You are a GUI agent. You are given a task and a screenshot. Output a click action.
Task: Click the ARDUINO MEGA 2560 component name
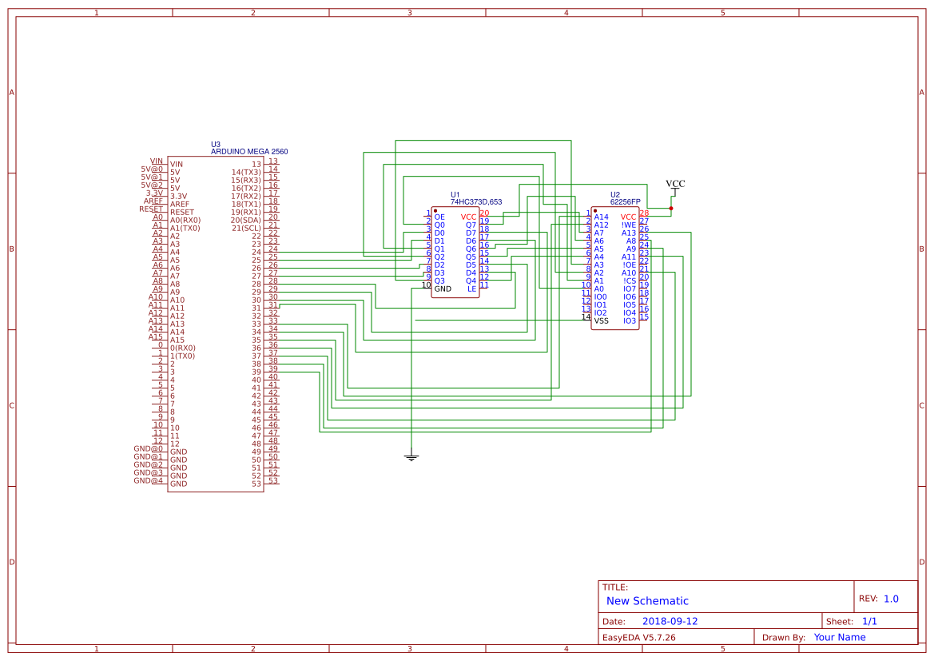[249, 151]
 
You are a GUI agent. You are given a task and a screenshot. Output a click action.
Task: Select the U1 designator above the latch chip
[455, 194]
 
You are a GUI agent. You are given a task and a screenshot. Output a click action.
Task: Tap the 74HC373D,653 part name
[476, 202]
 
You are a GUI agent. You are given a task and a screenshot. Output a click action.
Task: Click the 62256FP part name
[625, 202]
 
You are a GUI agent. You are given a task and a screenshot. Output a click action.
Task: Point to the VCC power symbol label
[675, 184]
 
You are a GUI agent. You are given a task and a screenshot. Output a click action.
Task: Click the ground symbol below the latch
[411, 458]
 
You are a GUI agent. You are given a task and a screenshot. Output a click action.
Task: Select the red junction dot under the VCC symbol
[671, 209]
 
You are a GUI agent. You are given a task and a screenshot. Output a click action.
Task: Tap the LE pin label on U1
[471, 289]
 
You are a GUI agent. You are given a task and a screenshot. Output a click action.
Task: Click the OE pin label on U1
[439, 217]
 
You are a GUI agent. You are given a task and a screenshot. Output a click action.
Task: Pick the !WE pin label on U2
[629, 225]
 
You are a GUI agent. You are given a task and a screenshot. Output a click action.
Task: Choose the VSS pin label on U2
[601, 321]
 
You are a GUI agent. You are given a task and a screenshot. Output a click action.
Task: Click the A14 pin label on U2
[601, 217]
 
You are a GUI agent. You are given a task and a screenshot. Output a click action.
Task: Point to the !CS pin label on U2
[630, 281]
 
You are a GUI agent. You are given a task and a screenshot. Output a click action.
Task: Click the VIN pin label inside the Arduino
[177, 164]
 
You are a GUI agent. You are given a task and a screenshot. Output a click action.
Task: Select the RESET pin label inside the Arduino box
[182, 212]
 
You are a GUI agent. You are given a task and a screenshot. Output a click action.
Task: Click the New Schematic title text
[647, 601]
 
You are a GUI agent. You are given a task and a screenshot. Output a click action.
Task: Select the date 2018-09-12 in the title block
[670, 621]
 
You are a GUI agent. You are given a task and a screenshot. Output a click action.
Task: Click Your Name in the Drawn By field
[839, 637]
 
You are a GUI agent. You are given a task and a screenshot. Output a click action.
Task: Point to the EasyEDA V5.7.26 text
[638, 637]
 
